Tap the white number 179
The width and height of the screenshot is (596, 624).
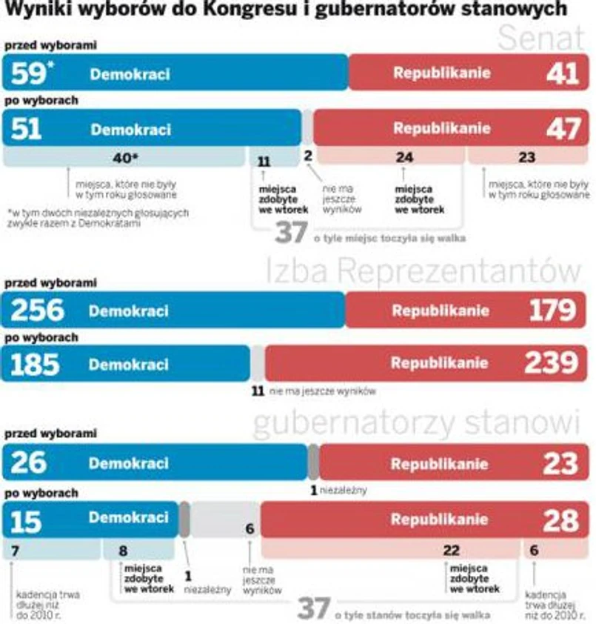552,311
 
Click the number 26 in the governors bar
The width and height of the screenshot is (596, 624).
28,464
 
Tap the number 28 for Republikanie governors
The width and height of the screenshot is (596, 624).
560,520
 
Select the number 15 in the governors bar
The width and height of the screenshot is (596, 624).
26,520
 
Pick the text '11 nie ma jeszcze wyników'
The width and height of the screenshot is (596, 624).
314,391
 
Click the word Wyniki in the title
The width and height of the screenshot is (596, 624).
36,10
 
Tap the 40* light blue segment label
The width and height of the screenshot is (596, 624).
125,157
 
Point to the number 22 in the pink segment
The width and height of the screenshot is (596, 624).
451,550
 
